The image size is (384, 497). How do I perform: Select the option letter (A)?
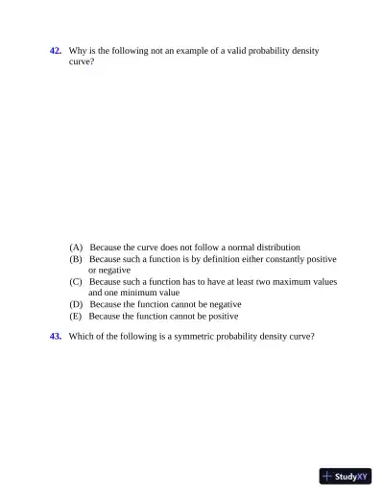[x=76, y=248]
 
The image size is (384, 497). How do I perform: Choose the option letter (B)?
[x=76, y=259]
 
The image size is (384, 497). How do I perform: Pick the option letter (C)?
[x=76, y=282]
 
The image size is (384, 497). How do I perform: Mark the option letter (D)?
[x=76, y=304]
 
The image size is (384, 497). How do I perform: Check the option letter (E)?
[x=76, y=316]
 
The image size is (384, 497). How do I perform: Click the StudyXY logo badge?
[x=345, y=476]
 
